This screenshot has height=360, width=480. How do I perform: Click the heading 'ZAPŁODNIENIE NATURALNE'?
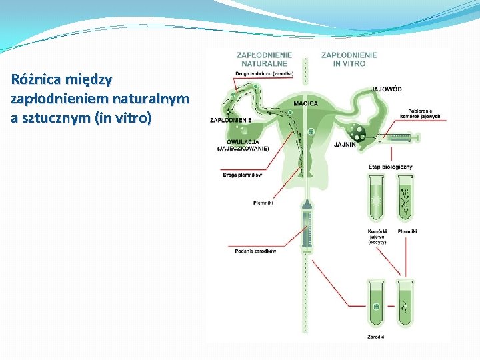click(x=265, y=59)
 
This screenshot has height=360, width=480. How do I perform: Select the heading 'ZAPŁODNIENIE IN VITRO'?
click(x=349, y=59)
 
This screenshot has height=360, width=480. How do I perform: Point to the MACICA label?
click(x=305, y=103)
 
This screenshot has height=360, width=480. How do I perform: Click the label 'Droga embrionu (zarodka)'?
click(x=265, y=73)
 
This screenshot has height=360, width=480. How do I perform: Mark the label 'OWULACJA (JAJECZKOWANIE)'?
click(x=243, y=145)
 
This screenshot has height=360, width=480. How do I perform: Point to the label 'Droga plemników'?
click(x=242, y=175)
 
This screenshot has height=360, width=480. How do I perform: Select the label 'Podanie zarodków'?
click(x=255, y=251)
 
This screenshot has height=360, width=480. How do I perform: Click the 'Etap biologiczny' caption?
click(x=390, y=166)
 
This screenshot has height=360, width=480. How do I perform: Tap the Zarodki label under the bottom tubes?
click(x=376, y=337)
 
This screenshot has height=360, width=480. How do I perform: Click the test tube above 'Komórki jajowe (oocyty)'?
click(x=377, y=197)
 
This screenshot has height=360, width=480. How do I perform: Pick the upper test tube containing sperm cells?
click(x=405, y=197)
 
